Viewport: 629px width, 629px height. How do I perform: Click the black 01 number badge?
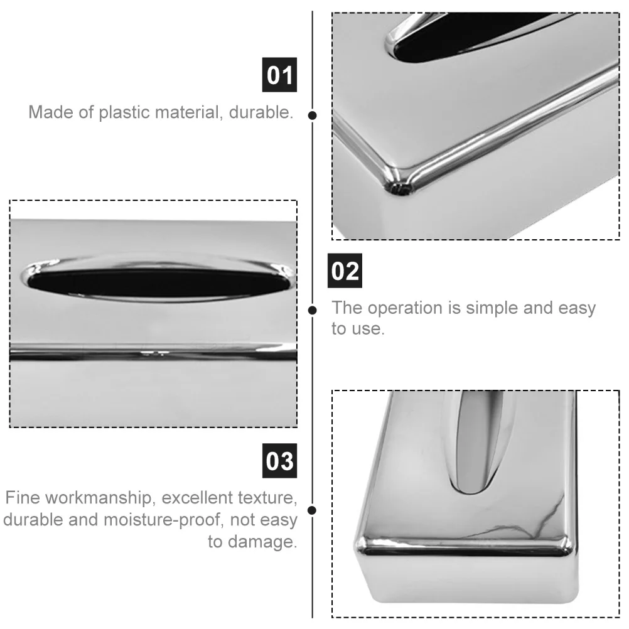279,75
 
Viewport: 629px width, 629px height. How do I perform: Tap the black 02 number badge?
345,271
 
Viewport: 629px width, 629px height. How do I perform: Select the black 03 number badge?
279,461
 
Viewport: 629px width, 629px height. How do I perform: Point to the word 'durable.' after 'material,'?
261,112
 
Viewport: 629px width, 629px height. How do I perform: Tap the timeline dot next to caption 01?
313,115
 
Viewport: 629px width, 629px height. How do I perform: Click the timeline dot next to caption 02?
313,310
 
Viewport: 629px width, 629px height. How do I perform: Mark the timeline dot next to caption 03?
312,510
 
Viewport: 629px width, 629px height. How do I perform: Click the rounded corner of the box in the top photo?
397,185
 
